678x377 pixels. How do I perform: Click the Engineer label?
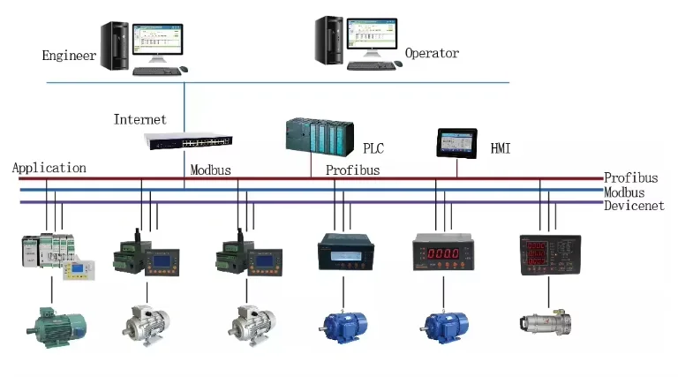tap(69, 56)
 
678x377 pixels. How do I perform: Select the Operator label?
tap(432, 54)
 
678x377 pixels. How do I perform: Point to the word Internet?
tap(139, 119)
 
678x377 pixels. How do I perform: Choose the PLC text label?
tap(373, 148)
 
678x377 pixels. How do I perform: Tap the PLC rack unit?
tap(318, 137)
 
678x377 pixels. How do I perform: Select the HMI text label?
tap(501, 149)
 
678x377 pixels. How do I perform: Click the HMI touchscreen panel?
tap(456, 142)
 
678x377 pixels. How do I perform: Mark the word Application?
tap(49, 168)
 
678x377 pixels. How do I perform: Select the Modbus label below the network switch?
tap(210, 170)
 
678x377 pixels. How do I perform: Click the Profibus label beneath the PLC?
tap(352, 170)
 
